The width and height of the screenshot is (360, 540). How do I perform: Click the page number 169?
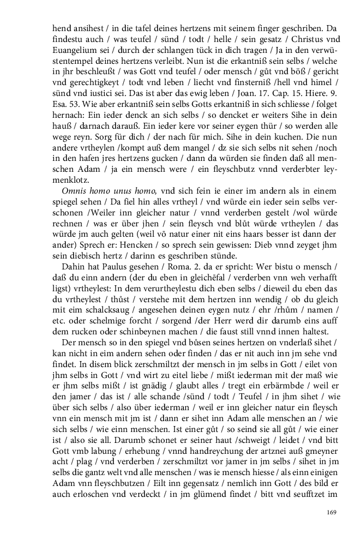pos(331,512)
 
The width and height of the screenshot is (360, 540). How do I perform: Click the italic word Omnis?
pos(74,190)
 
